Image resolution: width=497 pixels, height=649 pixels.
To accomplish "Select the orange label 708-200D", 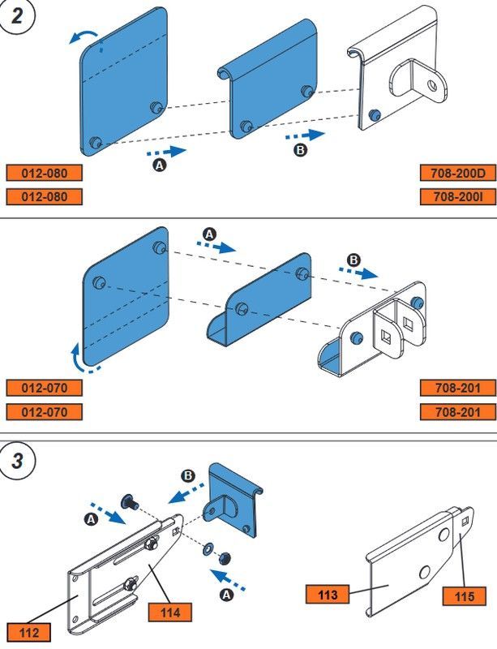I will tap(457, 172).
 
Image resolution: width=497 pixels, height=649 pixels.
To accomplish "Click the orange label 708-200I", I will tap(457, 196).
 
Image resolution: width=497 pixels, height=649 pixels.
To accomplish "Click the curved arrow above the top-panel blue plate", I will tap(84, 34).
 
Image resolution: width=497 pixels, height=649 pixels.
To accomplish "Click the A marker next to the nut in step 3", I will tap(226, 596).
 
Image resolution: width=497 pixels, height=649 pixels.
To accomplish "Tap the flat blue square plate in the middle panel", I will tap(126, 296).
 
